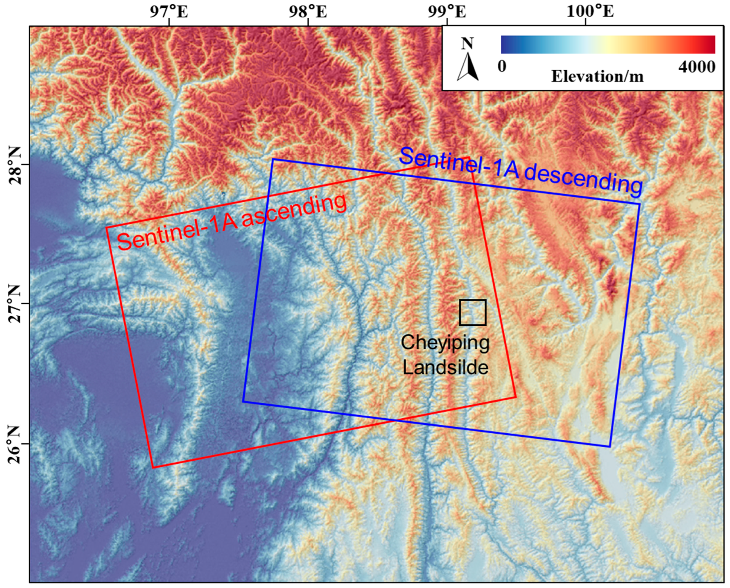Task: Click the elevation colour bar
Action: (608, 44)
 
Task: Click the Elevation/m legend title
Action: (597, 77)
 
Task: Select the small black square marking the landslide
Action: (473, 312)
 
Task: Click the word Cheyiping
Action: (445, 343)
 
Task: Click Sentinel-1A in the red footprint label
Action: (176, 235)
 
